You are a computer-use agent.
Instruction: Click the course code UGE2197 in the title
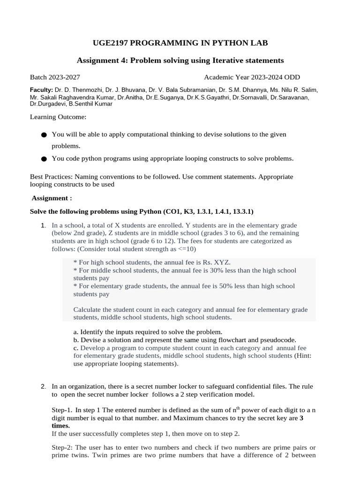110,43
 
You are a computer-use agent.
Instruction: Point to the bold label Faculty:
42,90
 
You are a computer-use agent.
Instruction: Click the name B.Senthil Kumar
90,104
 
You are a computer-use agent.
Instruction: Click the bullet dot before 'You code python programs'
44,159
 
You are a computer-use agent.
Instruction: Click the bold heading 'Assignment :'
52,198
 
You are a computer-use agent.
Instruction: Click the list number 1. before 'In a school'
44,225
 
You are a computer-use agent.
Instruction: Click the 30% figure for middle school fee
211,270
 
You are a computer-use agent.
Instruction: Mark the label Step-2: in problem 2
62,448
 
